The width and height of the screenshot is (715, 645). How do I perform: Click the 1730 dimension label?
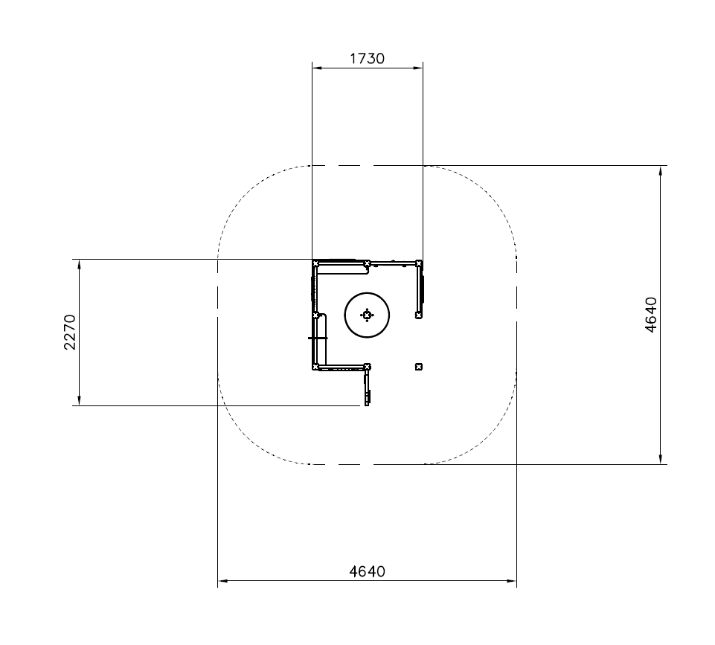click(367, 59)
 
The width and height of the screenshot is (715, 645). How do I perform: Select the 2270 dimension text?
click(70, 332)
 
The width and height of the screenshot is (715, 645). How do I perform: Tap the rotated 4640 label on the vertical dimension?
click(652, 315)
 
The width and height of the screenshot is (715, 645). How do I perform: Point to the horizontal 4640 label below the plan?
click(367, 571)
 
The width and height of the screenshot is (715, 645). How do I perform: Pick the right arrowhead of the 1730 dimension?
click(417, 68)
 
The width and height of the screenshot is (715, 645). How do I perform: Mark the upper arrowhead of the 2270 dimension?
click(80, 265)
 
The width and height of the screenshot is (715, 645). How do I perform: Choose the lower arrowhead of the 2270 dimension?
click(80, 400)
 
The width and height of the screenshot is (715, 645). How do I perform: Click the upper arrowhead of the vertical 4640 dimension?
click(661, 171)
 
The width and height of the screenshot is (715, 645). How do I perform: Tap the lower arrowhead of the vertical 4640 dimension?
click(661, 459)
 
